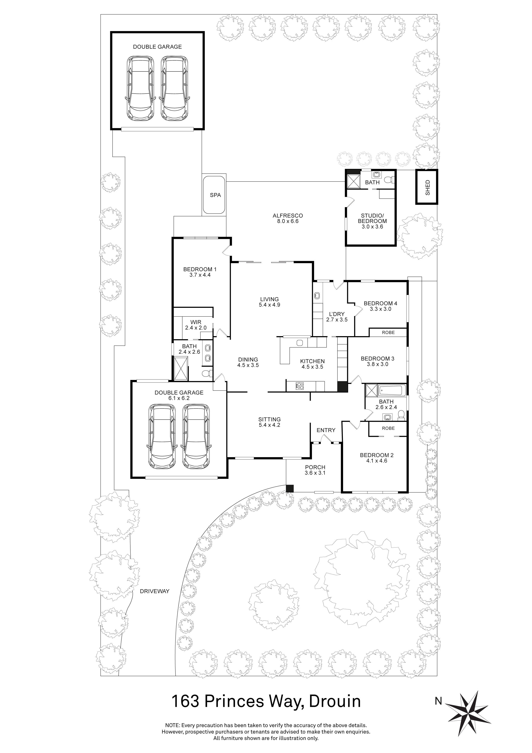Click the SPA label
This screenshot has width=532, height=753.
coord(215,195)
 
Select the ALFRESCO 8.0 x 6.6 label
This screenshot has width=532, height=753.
coord(288,219)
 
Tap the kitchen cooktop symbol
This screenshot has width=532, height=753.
coord(299,386)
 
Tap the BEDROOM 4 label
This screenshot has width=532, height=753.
coord(380,303)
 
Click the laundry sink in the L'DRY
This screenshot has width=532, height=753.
coord(317,296)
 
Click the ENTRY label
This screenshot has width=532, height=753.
coord(326,430)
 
